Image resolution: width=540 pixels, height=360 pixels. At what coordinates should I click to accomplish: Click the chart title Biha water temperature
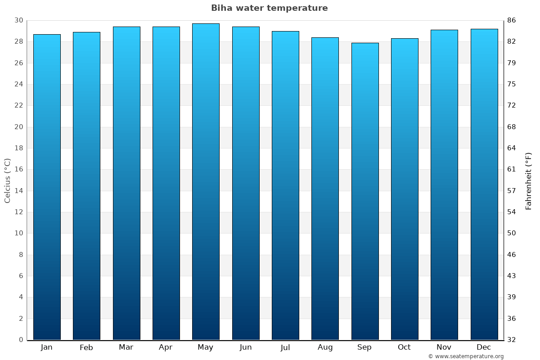tap(269, 8)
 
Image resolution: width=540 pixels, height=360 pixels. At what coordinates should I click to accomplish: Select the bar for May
tap(206, 182)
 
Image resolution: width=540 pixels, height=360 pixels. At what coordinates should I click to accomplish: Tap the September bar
tap(365, 191)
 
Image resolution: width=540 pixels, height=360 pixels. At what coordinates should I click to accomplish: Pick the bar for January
tap(47, 187)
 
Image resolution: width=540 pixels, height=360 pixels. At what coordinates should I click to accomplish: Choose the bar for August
tap(325, 189)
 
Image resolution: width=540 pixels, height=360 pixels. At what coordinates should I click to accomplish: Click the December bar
tap(484, 184)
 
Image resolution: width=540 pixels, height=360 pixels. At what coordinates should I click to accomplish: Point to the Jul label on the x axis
tap(285, 347)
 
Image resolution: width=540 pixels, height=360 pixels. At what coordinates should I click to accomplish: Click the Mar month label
tap(126, 347)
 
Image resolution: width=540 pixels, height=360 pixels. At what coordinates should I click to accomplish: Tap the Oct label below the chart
tap(404, 347)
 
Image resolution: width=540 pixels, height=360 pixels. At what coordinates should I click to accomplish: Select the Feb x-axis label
tap(86, 347)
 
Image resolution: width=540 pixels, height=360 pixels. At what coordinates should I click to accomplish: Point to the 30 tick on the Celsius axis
tap(18, 20)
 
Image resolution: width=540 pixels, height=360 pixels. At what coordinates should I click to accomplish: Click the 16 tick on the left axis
tap(18, 170)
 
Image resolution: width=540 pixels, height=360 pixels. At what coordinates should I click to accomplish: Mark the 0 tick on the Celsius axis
tap(21, 340)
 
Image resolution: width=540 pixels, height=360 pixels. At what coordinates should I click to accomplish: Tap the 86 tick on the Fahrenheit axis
tap(512, 20)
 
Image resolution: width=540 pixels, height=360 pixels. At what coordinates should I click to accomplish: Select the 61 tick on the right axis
tap(512, 170)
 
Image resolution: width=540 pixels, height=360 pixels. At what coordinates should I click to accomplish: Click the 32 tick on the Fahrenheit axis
tap(512, 340)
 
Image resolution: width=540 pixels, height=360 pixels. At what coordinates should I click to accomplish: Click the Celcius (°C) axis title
tap(7, 180)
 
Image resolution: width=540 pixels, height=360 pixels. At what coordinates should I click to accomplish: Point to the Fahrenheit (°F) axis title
tap(528, 180)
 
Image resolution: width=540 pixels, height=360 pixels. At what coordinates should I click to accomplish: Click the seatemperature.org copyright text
tap(466, 356)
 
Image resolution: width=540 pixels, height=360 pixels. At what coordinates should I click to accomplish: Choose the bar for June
tap(246, 183)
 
